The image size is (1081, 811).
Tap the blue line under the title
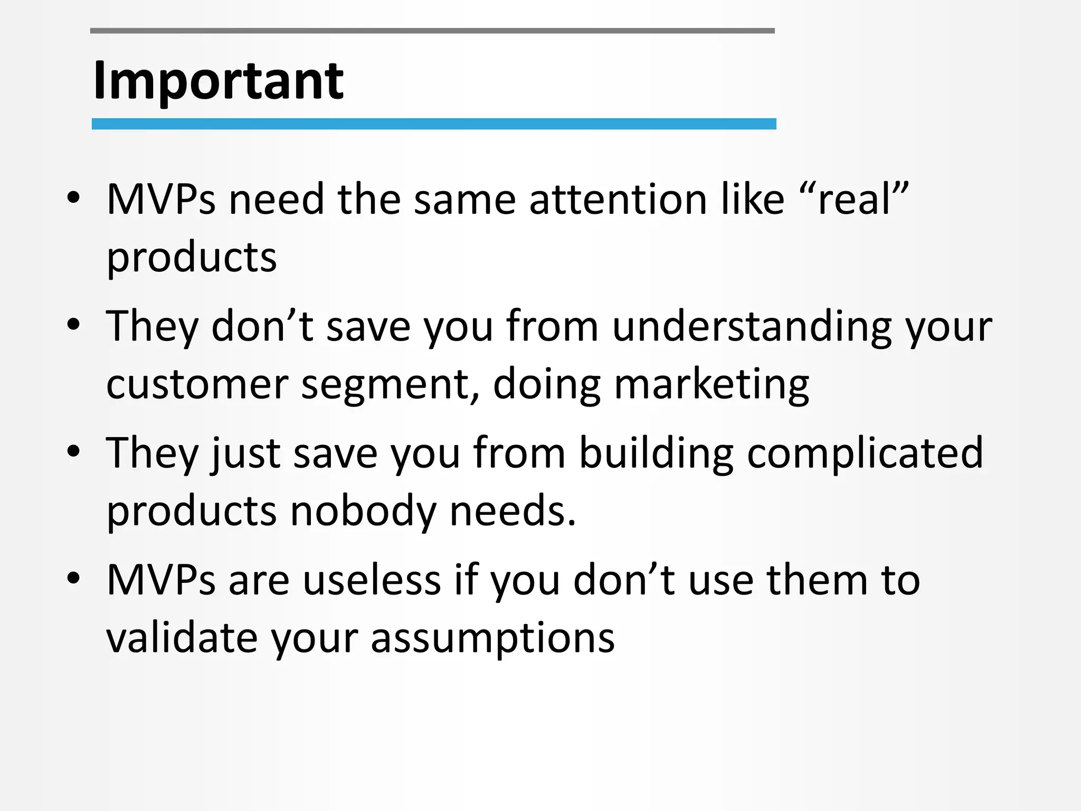point(433,124)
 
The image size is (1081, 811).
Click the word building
point(656,453)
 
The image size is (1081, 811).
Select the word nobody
point(363,511)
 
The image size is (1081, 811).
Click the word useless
point(372,580)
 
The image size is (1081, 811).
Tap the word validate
point(182,638)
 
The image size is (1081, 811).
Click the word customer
point(197,384)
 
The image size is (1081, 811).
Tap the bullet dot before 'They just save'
point(73,451)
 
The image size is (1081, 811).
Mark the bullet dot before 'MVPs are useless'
point(73,578)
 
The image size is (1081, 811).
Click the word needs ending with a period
point(512,511)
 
